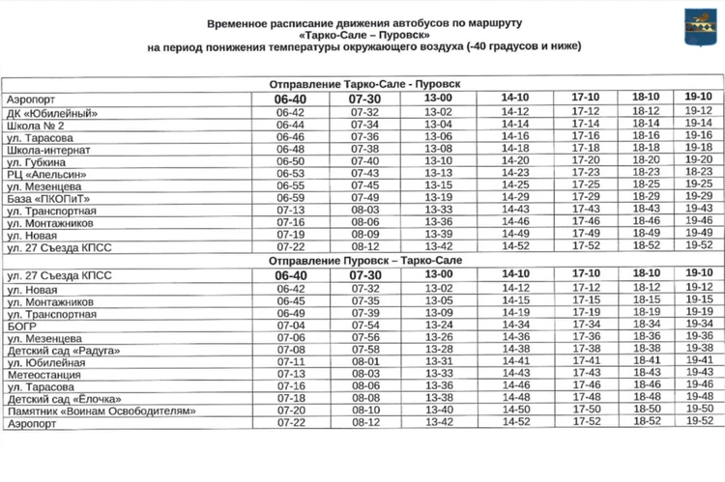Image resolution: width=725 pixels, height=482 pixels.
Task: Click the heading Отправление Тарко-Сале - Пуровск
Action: point(362,85)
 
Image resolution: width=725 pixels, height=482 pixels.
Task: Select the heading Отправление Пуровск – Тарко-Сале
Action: point(362,261)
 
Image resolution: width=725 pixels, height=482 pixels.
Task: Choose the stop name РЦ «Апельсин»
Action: point(47,173)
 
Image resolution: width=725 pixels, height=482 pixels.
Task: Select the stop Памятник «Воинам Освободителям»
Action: point(101,411)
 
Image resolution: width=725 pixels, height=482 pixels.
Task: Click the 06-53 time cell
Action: point(290,173)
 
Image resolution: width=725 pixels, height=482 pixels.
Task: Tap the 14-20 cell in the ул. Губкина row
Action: point(515,160)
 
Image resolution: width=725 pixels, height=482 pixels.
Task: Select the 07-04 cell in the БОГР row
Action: point(290,326)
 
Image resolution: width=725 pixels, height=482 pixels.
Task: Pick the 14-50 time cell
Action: point(515,410)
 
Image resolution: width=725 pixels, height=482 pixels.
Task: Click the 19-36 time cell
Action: point(698,336)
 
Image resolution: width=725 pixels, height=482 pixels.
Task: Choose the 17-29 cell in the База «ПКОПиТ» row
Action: point(586,197)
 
